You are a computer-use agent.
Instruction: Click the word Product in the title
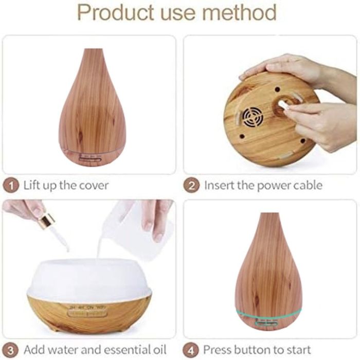point(116,12)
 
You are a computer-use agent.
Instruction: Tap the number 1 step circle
point(11,186)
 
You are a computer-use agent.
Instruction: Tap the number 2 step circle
point(191,186)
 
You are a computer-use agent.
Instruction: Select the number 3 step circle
point(10,350)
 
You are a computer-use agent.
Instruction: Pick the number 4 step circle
point(190,350)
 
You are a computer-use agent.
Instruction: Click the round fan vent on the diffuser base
point(253,117)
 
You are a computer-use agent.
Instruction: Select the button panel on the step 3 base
point(87,312)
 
